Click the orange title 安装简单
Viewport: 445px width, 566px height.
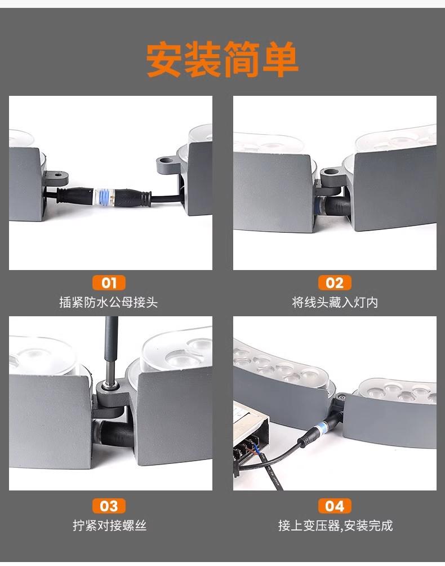click(222, 59)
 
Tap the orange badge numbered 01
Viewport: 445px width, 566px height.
click(109, 282)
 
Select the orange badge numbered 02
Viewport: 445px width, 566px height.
click(335, 282)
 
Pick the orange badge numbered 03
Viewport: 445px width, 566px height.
click(109, 506)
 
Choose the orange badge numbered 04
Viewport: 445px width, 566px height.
click(335, 506)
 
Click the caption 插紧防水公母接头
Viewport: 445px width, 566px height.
click(109, 302)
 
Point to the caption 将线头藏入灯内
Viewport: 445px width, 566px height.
click(335, 302)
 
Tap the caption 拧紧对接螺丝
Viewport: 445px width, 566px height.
click(110, 525)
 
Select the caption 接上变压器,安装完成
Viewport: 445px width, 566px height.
click(335, 525)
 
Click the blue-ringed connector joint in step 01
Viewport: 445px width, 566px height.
click(105, 197)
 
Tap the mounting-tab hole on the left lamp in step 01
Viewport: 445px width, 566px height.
click(57, 175)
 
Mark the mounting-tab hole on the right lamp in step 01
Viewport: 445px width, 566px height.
click(167, 160)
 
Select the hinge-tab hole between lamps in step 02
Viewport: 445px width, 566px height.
click(330, 174)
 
